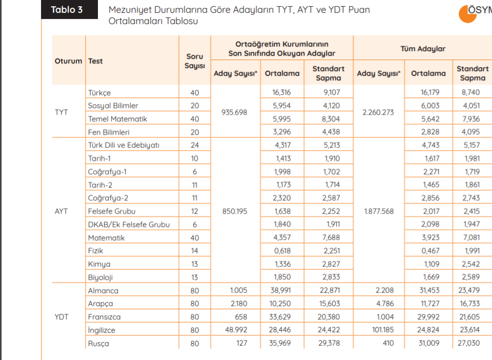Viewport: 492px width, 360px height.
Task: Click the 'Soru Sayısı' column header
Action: (x=195, y=61)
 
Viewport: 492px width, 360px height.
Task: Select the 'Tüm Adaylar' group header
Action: (x=423, y=49)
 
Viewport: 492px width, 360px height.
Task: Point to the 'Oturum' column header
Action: (x=68, y=61)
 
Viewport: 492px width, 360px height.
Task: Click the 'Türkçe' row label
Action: (x=99, y=93)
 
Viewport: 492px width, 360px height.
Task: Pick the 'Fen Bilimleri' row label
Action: (x=109, y=132)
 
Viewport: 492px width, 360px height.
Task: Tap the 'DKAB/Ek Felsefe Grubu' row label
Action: (x=129, y=224)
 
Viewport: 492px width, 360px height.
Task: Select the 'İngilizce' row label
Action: (x=101, y=330)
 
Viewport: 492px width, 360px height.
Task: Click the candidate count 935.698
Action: (x=234, y=112)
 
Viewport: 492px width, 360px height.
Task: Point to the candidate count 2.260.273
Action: (x=378, y=112)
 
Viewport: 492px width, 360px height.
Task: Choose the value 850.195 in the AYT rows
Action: (x=234, y=211)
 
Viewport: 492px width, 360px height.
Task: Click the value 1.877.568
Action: (x=379, y=211)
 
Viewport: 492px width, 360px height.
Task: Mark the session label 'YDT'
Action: (x=61, y=316)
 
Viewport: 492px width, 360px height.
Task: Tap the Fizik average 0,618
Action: (x=282, y=251)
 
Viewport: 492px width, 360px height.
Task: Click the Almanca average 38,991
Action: (x=280, y=290)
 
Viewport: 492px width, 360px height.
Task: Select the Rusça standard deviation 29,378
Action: (x=329, y=343)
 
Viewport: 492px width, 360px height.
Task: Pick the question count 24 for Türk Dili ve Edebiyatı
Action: (x=195, y=145)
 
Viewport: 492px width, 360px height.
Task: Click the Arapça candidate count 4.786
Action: (x=384, y=304)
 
